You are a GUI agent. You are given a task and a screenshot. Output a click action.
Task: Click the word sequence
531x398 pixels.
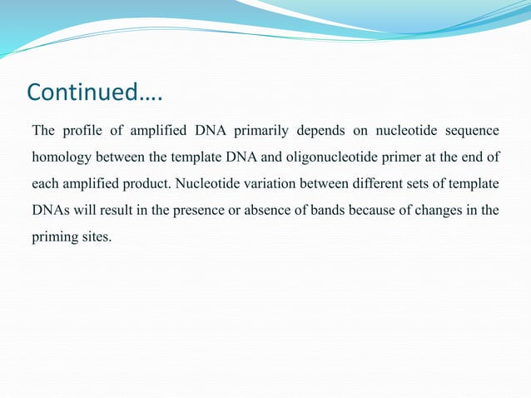[x=471, y=131]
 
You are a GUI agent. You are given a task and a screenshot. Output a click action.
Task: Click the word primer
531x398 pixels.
[x=401, y=157]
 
